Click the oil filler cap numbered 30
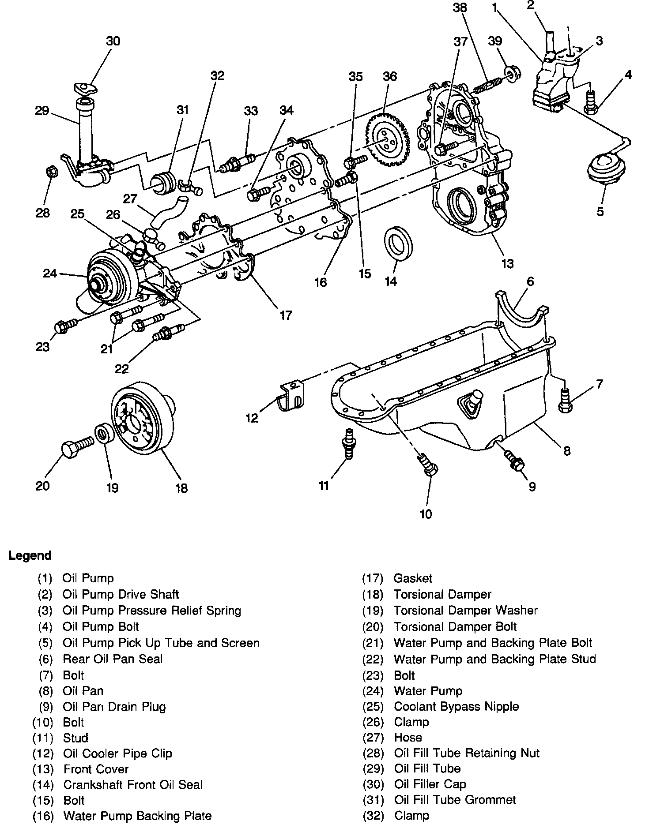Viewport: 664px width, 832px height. pos(86,87)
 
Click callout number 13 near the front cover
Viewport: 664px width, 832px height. pos(508,263)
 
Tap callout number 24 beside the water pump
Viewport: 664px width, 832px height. pos(50,274)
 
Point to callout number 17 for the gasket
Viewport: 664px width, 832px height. pos(285,315)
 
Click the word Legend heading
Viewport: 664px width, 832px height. pos(30,555)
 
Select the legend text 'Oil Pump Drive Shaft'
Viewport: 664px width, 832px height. pos(121,594)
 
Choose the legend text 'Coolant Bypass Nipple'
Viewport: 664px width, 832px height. pos(456,706)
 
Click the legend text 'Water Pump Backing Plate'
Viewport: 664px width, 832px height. pos(137,816)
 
